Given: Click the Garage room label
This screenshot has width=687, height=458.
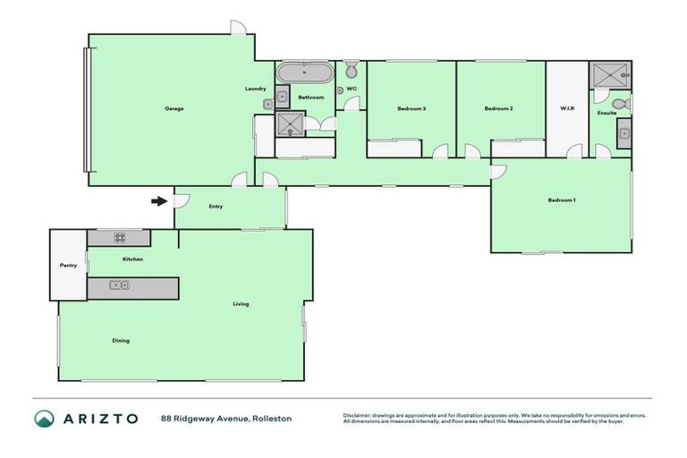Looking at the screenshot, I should (174, 108).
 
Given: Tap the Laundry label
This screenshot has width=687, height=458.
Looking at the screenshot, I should (256, 89).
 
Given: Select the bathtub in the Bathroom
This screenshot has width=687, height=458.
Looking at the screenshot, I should (303, 72).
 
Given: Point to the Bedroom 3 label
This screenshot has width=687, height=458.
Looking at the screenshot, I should (411, 108).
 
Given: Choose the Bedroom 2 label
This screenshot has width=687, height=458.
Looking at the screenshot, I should (498, 108).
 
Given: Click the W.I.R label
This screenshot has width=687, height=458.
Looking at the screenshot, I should (567, 108).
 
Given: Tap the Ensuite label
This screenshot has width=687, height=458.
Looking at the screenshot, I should (607, 113).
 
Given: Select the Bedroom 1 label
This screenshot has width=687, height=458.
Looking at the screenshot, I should (562, 199).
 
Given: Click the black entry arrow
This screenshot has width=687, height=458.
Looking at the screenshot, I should (158, 201).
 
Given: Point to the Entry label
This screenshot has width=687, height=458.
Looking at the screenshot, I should (216, 207).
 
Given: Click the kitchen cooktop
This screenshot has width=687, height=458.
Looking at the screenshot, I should (119, 238).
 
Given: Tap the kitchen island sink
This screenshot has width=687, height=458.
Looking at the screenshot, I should (119, 285).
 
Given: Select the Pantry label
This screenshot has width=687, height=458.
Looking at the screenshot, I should (68, 265).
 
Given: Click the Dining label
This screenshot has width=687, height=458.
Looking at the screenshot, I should (120, 340).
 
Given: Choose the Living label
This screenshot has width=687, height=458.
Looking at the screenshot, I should (241, 304).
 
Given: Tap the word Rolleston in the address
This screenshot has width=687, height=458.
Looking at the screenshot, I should (272, 418).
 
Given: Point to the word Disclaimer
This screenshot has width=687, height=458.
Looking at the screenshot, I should (359, 415).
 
